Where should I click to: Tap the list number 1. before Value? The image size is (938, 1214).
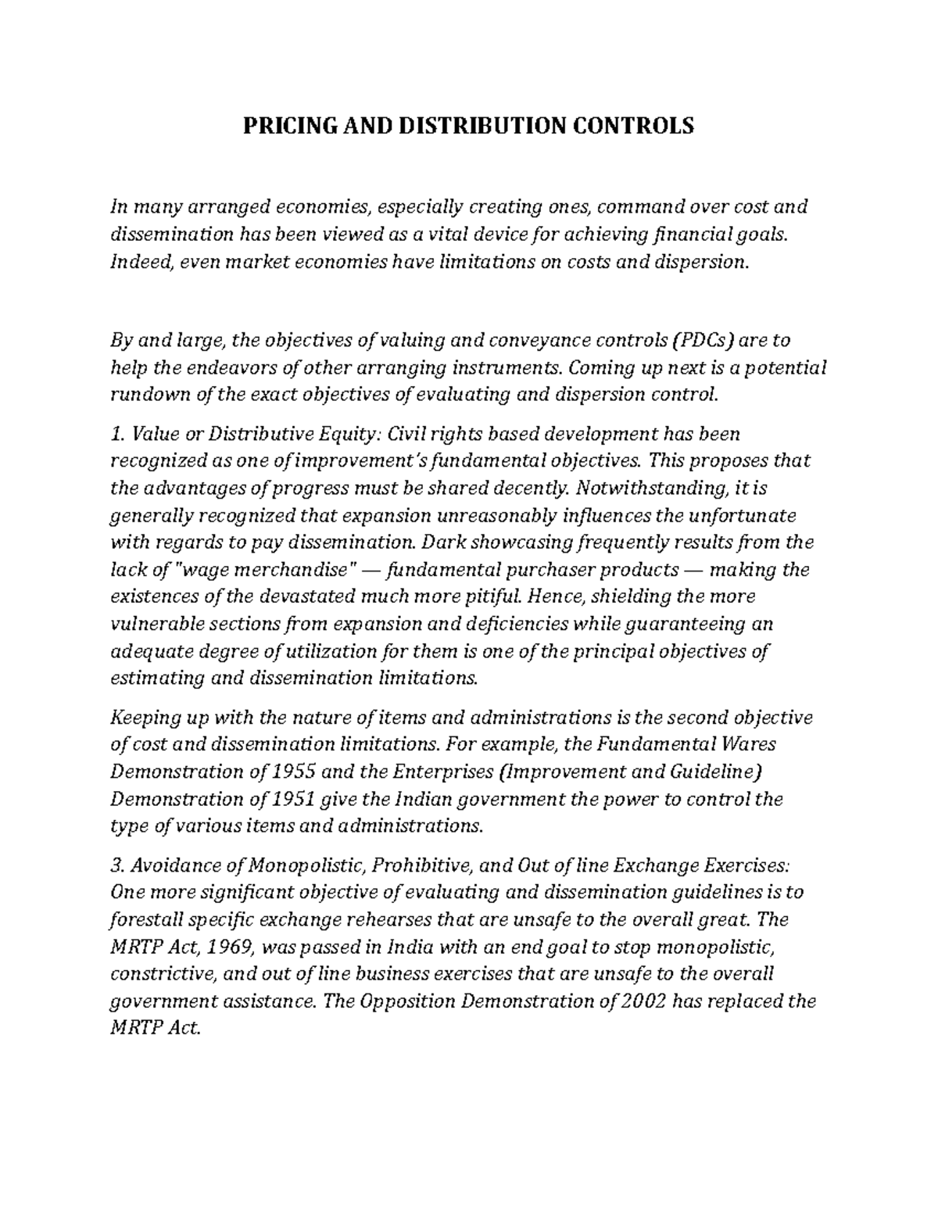click(x=117, y=433)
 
